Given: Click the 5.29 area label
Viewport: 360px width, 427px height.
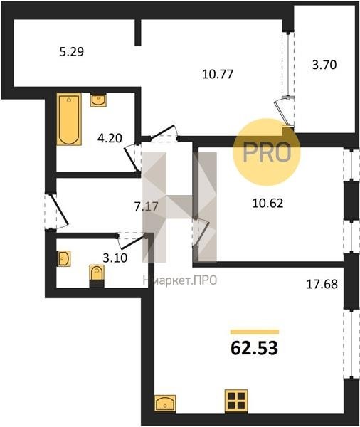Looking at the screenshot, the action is (71, 51).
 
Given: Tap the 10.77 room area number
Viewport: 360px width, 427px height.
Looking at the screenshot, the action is (218, 74).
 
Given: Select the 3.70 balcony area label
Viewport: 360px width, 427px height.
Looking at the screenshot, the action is (324, 65).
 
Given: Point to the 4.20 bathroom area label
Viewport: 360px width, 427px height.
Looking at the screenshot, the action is (110, 138).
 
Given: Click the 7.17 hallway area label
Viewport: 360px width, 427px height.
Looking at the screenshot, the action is (147, 206).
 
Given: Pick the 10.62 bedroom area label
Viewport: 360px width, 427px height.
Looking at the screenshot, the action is (268, 203).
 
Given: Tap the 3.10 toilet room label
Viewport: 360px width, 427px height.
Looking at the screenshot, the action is (115, 258).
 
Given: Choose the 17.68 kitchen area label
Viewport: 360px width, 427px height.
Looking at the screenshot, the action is (322, 284).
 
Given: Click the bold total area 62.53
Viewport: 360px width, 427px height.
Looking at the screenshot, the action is (254, 348).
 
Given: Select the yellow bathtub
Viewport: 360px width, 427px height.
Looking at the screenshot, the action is (69, 119).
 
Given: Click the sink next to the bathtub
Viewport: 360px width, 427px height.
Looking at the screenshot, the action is (98, 100).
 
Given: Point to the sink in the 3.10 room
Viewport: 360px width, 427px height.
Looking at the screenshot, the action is (64, 258).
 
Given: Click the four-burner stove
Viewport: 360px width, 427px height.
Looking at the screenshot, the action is (236, 401).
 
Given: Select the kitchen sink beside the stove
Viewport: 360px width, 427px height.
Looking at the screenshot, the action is (165, 404).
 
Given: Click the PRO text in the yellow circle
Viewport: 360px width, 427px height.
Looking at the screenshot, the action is (267, 152).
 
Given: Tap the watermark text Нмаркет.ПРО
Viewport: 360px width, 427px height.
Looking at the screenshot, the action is (180, 280).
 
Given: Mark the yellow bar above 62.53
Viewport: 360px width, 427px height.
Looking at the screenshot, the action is (255, 332).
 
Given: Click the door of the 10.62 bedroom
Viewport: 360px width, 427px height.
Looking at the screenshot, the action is (201, 233).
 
